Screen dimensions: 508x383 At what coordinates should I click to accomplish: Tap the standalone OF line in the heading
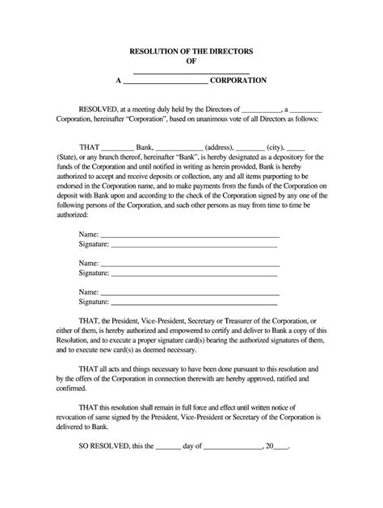click(191, 60)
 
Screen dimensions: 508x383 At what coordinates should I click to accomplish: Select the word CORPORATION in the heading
click(239, 82)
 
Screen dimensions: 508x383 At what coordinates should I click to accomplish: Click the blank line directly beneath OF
click(191, 73)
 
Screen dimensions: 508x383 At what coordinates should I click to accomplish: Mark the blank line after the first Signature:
click(195, 244)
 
